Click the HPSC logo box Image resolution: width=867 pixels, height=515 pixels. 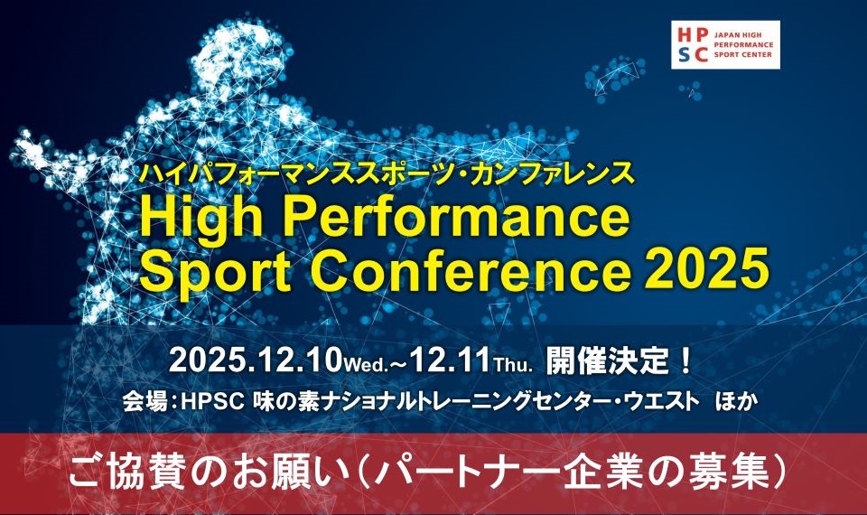click(x=725, y=45)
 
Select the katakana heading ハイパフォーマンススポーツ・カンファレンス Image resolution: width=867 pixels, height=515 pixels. click(x=387, y=173)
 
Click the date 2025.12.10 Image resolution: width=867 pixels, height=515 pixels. click(x=255, y=360)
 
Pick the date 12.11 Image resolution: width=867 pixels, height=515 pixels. click(x=450, y=360)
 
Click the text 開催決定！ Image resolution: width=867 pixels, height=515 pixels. click(x=619, y=361)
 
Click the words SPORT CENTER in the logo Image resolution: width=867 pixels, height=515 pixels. click(x=742, y=55)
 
